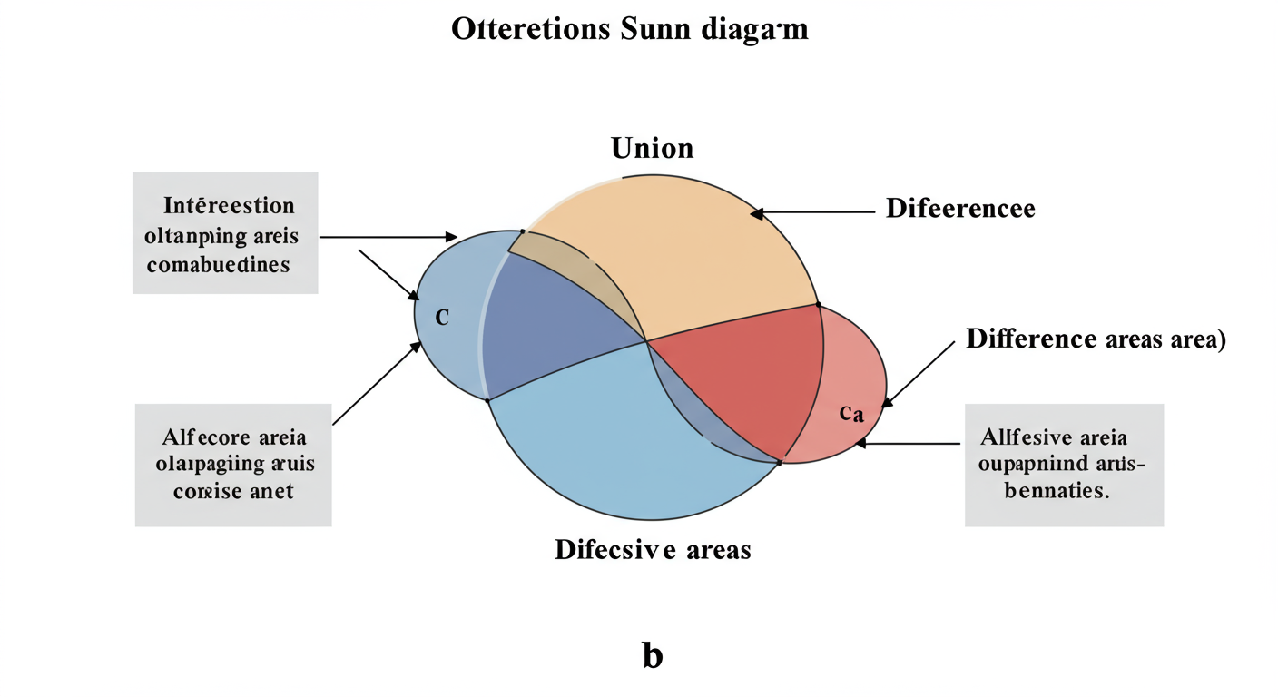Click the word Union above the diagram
652,148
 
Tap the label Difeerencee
960,209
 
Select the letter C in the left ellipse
442,318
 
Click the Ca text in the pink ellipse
850,413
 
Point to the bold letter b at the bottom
652,654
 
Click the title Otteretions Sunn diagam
629,29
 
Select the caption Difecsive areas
653,549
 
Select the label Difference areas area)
1096,339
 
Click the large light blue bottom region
617,445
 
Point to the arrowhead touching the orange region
755,213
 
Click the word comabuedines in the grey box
218,264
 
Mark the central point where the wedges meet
646,341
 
